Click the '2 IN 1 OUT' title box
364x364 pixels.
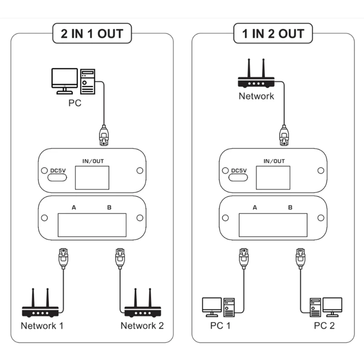92,33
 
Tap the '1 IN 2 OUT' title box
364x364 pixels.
273,33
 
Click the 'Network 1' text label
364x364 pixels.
42,326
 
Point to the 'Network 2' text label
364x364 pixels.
142,326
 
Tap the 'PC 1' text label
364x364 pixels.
220,326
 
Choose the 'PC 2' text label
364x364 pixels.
324,326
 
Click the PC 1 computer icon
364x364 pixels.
218,307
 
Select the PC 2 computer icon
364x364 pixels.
326,307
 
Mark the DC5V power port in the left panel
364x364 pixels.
57,177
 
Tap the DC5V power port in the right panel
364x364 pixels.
238,177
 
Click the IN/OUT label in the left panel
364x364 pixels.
93,161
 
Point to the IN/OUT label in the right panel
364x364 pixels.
274,161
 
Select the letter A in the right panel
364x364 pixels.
255,207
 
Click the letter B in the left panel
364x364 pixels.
109,207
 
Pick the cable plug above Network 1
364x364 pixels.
63,258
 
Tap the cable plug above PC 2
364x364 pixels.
300,258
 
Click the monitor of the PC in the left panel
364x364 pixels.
65,81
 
